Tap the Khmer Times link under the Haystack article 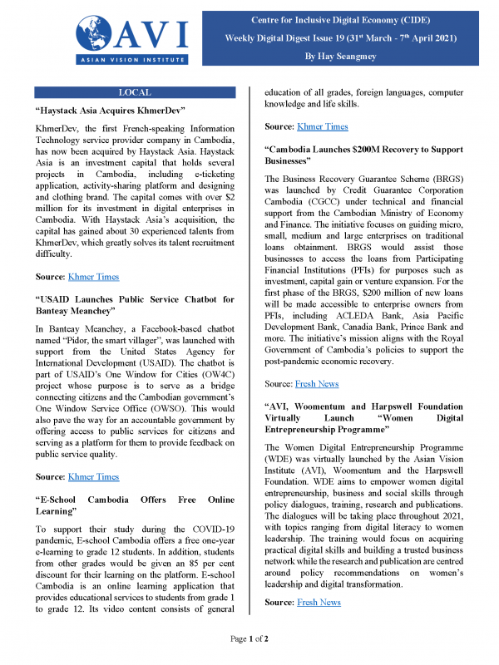(93, 277)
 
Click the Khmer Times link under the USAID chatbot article (93, 476)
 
